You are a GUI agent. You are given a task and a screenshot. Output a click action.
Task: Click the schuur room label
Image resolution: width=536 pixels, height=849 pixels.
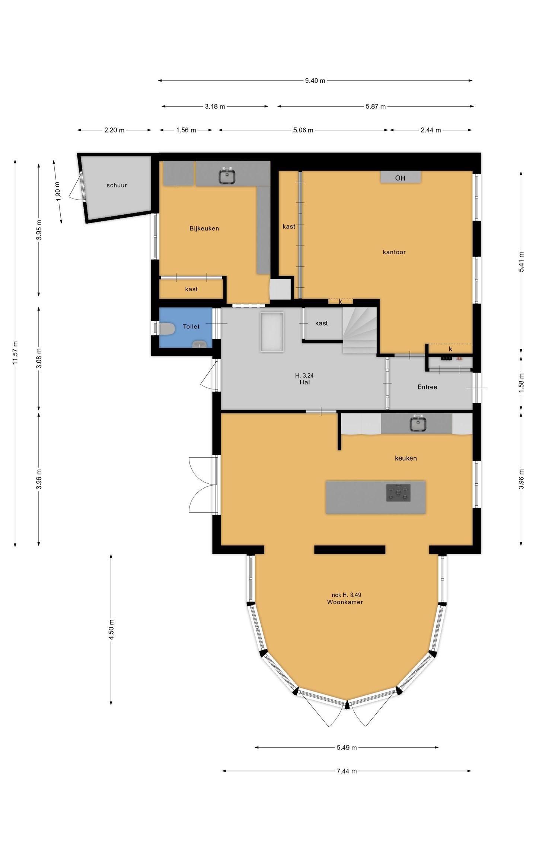[x=117, y=185]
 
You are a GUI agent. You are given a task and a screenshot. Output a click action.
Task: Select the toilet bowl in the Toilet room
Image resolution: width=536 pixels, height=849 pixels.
[x=167, y=329]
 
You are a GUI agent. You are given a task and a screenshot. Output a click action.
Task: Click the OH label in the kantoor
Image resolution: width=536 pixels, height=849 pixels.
[x=400, y=178]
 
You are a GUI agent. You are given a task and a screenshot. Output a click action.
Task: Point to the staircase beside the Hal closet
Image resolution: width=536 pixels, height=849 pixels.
[x=360, y=330]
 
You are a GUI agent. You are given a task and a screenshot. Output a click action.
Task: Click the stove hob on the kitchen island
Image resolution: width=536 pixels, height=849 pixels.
[x=398, y=493]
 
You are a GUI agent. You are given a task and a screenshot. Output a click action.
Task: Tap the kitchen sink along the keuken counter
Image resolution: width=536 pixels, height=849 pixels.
[x=418, y=424]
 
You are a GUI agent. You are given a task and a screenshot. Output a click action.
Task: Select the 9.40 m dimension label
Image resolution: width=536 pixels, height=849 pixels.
[x=315, y=81]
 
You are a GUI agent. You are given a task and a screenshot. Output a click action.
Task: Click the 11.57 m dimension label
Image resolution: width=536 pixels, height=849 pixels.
[x=15, y=353]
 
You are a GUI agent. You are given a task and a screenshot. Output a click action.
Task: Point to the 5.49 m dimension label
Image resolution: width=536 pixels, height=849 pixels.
[x=347, y=747]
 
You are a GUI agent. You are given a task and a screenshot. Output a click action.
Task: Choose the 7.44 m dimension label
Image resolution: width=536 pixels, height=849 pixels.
[x=347, y=771]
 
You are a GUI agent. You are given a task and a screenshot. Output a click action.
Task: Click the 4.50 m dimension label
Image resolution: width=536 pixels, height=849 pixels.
[x=111, y=629]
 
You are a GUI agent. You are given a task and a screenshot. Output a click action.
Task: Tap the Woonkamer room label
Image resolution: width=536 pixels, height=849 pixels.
[x=345, y=602]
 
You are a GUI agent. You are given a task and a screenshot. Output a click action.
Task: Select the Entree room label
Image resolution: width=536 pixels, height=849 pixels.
[x=427, y=387]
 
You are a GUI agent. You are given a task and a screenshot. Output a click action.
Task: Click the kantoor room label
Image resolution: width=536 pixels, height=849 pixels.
[x=394, y=252]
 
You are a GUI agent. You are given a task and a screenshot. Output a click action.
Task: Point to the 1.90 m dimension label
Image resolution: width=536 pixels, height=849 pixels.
[x=58, y=192]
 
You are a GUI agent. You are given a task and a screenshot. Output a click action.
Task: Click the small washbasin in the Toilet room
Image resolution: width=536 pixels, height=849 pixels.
[x=200, y=344]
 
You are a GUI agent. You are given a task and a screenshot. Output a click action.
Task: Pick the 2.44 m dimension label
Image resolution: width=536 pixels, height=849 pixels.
[x=431, y=130]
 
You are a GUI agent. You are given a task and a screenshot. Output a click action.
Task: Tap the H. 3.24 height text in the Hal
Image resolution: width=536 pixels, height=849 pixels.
[x=304, y=375]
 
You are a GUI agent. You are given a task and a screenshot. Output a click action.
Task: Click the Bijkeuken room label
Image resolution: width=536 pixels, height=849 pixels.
[x=204, y=228]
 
